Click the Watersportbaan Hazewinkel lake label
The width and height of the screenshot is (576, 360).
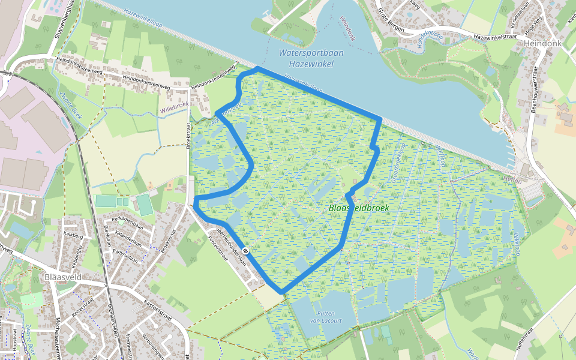[x=311, y=58]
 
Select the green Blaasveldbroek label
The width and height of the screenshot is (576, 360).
[x=359, y=208]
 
